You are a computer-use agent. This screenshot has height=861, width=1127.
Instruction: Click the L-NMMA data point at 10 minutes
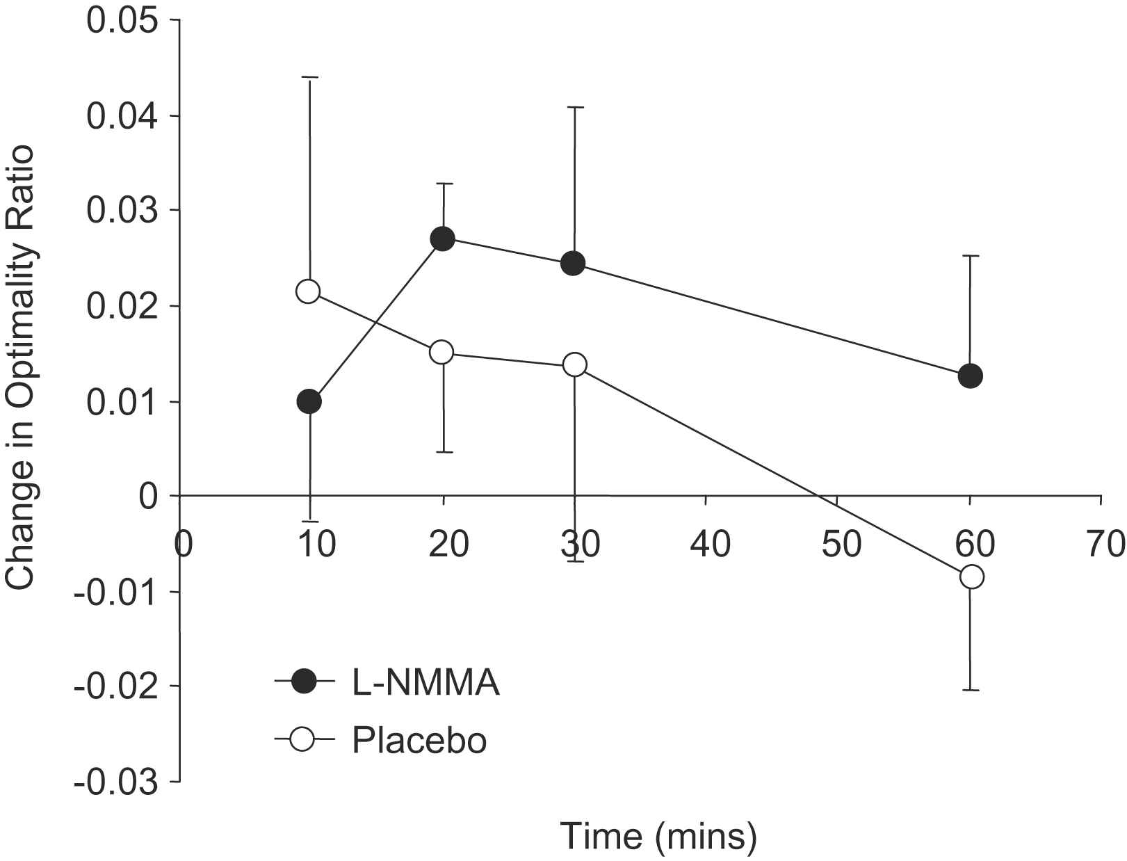point(309,401)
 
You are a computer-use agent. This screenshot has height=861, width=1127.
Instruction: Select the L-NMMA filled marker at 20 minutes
point(442,239)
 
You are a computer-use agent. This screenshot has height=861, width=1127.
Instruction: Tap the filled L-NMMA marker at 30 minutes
point(573,263)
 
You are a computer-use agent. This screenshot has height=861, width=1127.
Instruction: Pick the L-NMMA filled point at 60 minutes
point(970,376)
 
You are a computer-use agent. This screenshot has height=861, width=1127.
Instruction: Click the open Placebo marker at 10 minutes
point(308,291)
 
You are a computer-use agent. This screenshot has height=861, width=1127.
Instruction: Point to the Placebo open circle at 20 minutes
point(441,352)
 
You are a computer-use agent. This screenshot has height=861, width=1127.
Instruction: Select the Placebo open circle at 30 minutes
point(575,364)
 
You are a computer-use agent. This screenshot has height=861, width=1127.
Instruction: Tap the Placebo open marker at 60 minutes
point(971,577)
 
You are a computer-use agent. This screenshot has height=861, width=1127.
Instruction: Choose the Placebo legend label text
point(419,741)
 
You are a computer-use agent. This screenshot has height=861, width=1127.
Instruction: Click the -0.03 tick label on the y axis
point(115,783)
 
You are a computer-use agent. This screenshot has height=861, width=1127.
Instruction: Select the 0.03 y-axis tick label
point(121,211)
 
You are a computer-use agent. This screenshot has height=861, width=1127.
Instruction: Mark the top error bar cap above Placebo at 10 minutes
point(309,77)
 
